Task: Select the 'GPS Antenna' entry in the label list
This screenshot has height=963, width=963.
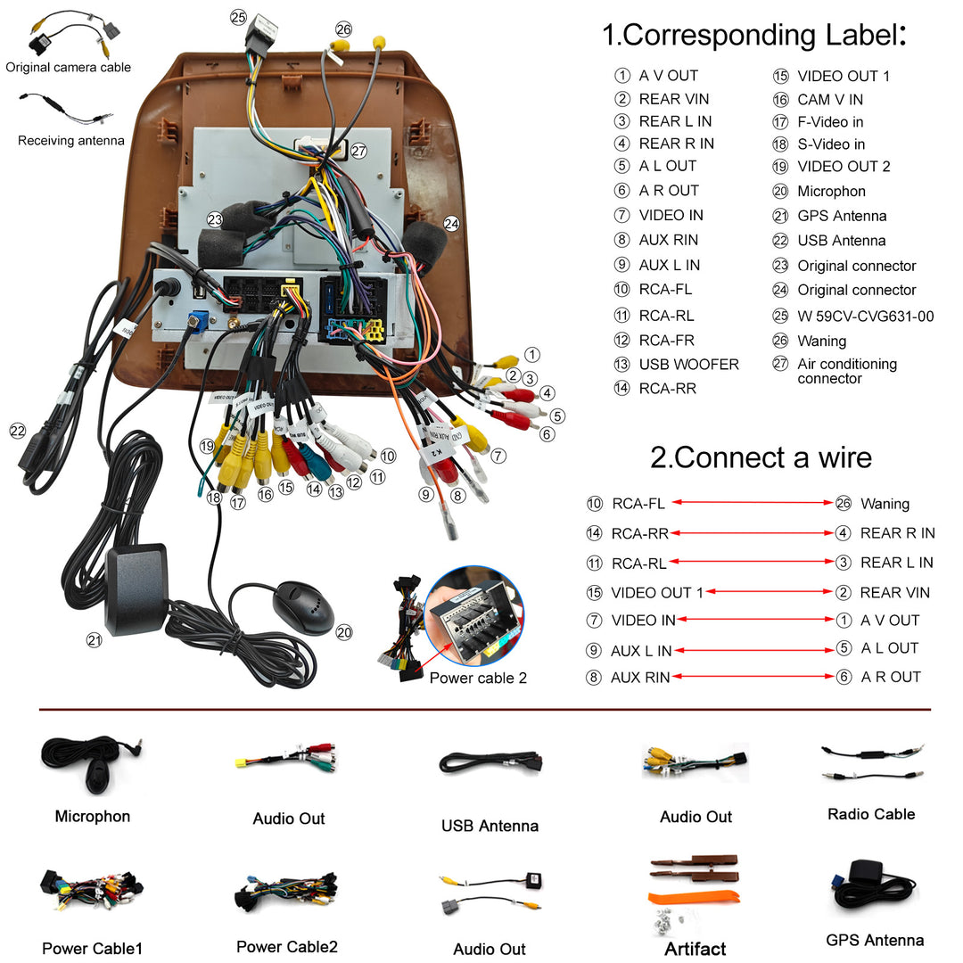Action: (841, 216)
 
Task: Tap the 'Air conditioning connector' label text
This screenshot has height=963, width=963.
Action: (846, 371)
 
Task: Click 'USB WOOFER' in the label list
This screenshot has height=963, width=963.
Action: (688, 365)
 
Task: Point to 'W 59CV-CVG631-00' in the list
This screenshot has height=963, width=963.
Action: (865, 316)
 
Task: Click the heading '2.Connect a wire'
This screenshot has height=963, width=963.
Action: (761, 457)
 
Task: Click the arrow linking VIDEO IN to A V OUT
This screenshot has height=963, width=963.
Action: (754, 620)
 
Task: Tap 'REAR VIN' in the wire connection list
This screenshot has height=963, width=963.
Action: (894, 592)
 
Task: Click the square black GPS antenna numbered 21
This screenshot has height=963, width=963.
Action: (136, 589)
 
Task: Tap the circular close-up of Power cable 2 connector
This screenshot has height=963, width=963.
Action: (475, 616)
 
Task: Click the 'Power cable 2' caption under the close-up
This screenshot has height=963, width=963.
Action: (478, 678)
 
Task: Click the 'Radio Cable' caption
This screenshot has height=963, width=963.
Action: (871, 814)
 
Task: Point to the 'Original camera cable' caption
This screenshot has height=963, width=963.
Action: (69, 67)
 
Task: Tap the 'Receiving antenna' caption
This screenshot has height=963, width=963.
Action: (71, 140)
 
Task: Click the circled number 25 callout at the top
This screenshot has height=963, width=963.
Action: (238, 17)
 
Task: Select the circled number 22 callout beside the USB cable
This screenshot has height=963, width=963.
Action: (18, 431)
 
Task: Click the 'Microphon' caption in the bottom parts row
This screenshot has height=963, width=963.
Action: (93, 816)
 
